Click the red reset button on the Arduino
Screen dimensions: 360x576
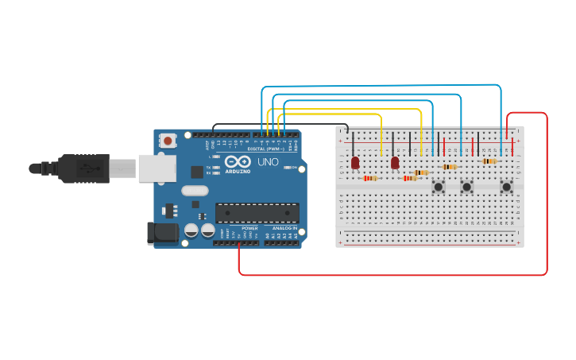click(x=168, y=141)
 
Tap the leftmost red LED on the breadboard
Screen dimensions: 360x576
click(x=355, y=162)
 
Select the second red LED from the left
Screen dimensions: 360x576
click(x=395, y=162)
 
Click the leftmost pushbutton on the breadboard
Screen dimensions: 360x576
click(x=438, y=187)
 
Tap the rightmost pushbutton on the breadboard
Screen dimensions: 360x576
click(x=506, y=187)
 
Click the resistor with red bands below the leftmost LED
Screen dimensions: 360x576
click(x=369, y=178)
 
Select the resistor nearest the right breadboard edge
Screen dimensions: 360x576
click(x=489, y=161)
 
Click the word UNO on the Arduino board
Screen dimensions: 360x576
click(x=268, y=162)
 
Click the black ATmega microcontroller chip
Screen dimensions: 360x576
click(x=257, y=213)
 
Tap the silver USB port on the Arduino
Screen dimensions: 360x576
click(x=157, y=168)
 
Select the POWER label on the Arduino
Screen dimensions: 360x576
click(x=249, y=228)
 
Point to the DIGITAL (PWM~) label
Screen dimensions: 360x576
click(x=265, y=149)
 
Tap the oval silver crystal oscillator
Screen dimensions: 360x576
click(x=195, y=191)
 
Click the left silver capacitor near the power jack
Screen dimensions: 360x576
click(x=191, y=230)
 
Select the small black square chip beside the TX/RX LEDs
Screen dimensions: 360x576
click(x=197, y=172)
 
